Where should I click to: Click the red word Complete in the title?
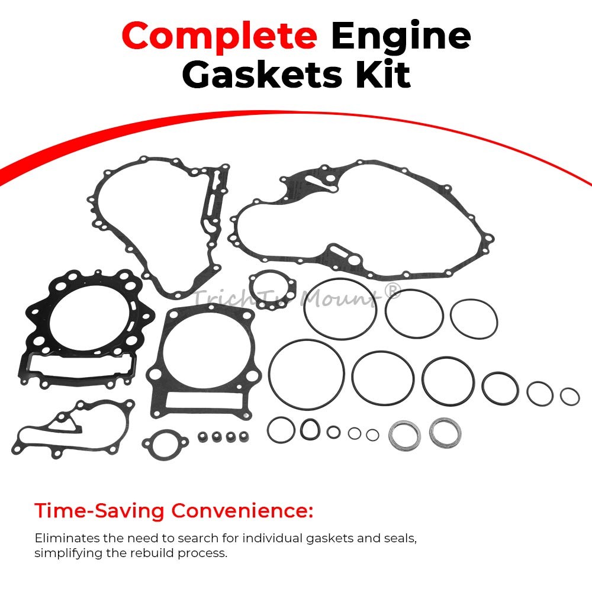(219, 36)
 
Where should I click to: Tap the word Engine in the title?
(400, 36)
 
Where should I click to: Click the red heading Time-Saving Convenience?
(173, 510)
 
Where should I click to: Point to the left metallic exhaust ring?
(404, 435)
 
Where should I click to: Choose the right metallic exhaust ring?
(441, 432)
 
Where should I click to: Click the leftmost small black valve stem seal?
(204, 437)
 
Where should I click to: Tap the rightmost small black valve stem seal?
(243, 437)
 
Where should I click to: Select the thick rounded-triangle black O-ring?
(310, 429)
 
